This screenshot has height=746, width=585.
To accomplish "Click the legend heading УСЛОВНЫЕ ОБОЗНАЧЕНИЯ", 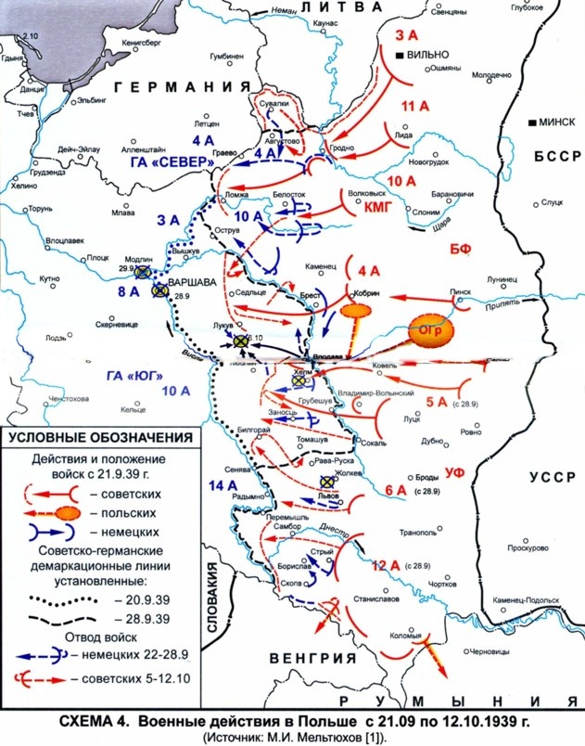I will [x=100, y=438].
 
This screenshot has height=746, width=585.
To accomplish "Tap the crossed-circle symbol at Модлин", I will [x=142, y=273].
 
